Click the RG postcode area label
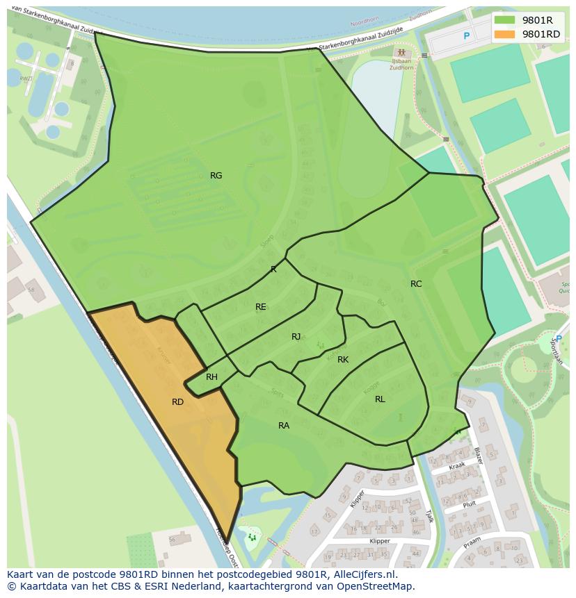[216, 176]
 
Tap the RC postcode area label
[416, 283]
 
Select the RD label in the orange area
[177, 401]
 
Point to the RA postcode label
[284, 425]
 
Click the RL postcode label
[380, 399]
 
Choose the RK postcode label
[343, 360]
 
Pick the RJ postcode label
[296, 337]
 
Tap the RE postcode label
[261, 306]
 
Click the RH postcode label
[212, 377]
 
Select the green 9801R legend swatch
[505, 20]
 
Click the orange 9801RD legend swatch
[505, 33]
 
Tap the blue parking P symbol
[467, 36]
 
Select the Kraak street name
[456, 466]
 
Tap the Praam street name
[472, 540]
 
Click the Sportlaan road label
[556, 345]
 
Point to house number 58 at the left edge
[31, 289]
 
